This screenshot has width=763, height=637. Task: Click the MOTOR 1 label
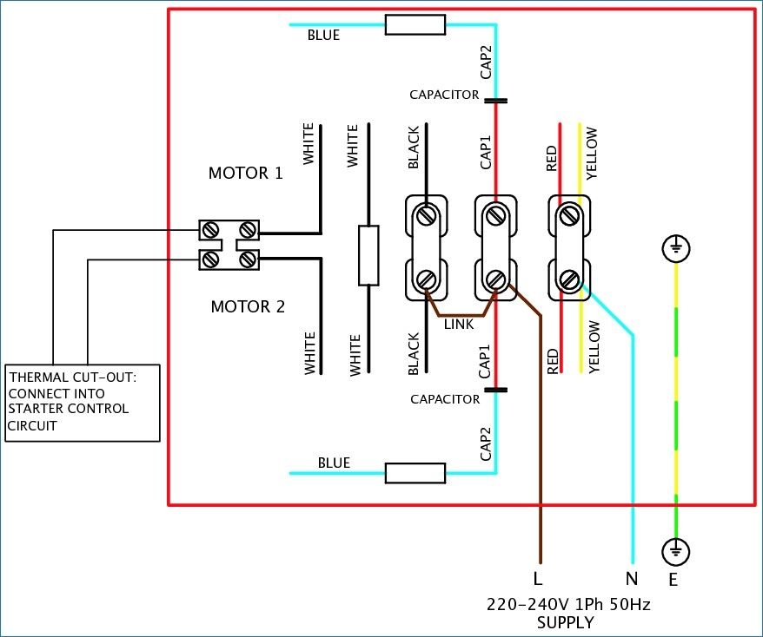click(x=245, y=173)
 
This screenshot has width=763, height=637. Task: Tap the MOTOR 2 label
click(x=248, y=306)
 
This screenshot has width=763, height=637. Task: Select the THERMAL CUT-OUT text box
click(x=82, y=402)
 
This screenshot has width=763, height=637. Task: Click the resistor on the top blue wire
click(x=415, y=25)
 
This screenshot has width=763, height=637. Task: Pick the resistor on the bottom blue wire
click(x=415, y=473)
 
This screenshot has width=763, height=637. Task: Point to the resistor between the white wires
click(x=368, y=255)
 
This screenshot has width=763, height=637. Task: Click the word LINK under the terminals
click(x=459, y=325)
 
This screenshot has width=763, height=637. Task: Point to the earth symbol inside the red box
click(x=676, y=250)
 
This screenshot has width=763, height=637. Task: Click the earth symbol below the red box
click(x=675, y=549)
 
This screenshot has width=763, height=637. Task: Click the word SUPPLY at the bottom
click(x=566, y=622)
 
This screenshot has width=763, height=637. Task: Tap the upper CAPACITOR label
click(x=444, y=94)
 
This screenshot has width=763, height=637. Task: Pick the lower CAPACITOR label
click(x=444, y=399)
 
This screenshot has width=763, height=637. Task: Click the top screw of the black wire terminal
click(x=426, y=213)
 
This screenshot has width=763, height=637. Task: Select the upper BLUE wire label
click(x=323, y=36)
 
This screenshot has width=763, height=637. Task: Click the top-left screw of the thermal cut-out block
click(x=211, y=230)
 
